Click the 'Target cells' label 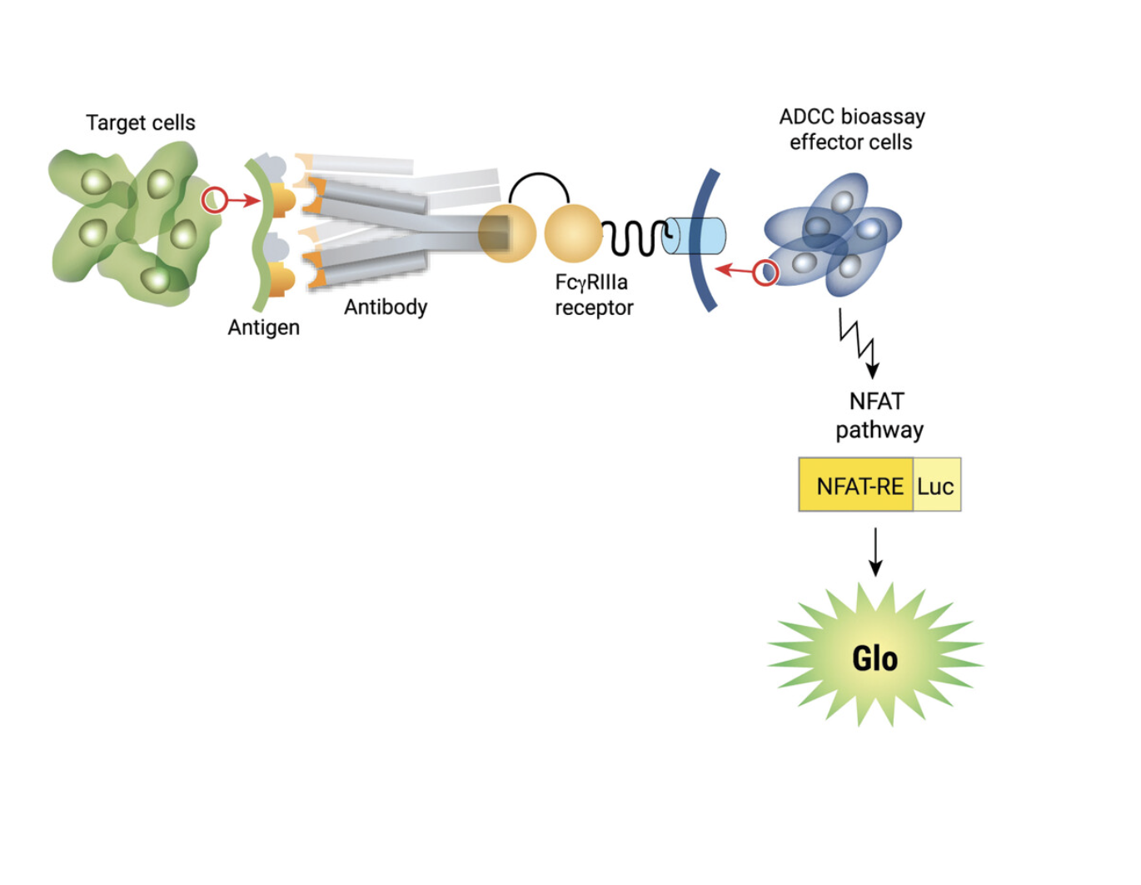point(140,122)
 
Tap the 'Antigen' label point(263,327)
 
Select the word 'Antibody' point(386,307)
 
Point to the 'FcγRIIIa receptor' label point(593,295)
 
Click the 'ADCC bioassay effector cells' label point(851,129)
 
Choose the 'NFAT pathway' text point(879,415)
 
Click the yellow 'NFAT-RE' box point(858,486)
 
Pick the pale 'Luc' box point(936,486)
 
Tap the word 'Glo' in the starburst point(874,658)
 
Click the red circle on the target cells point(214,200)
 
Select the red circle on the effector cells point(765,272)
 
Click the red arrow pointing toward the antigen point(244,200)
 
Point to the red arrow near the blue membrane point(734,270)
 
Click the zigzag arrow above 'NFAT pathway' point(859,342)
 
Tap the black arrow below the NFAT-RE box point(875,552)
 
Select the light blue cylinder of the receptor point(696,237)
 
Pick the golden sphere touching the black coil point(573,233)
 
